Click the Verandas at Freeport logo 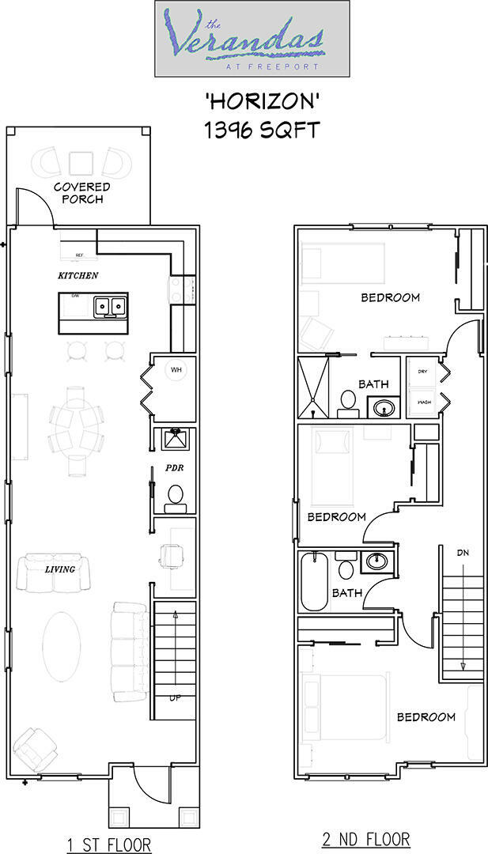pos(252,39)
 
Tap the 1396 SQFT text pos(262,130)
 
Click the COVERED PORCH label pos(81,193)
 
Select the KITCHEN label pos(78,276)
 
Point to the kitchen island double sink pos(110,306)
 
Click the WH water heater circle pos(176,368)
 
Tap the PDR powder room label pos(174,468)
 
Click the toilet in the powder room pos(175,495)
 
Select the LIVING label pos(60,569)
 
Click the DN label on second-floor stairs pos(463,553)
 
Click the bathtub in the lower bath pos(314,582)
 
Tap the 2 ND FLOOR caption pos(366,839)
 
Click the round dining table pos(77,418)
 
